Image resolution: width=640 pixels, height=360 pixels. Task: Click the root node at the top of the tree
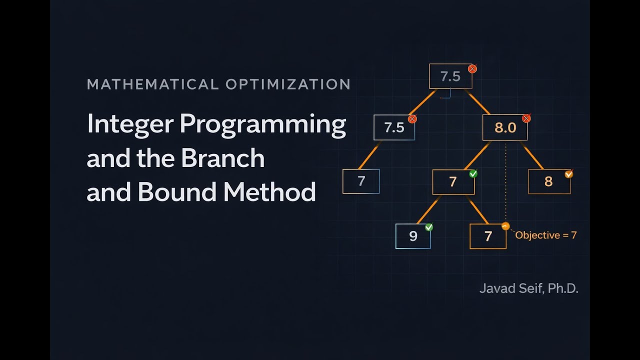(450, 76)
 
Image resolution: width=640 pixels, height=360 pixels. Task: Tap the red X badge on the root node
(472, 69)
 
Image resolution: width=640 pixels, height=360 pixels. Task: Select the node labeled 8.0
(504, 127)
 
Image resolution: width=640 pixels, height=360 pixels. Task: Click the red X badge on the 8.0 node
(526, 118)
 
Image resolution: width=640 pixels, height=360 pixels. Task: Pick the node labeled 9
(413, 236)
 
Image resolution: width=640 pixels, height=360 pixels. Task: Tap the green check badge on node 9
(428, 227)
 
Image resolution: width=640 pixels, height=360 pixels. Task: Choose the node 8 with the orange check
(548, 181)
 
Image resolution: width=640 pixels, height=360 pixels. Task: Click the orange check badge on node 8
(568, 174)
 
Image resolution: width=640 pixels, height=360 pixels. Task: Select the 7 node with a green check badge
(453, 182)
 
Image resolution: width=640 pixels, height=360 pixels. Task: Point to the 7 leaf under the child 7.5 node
(361, 181)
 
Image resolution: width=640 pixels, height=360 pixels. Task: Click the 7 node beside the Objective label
(488, 236)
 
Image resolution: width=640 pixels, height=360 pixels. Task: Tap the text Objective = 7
(545, 235)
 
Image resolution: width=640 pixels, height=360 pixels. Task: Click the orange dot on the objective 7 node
(505, 226)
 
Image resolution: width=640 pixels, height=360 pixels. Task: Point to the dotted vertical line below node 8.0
(505, 180)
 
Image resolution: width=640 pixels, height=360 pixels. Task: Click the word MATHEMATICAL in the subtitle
(152, 84)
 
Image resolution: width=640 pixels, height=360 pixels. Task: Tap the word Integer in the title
(129, 124)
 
